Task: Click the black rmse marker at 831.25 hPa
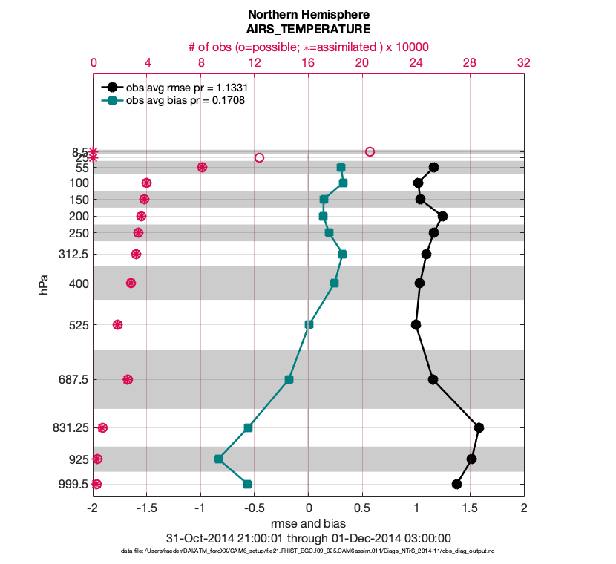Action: point(479,427)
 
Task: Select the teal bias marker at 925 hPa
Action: point(219,459)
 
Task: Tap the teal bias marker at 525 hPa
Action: point(309,324)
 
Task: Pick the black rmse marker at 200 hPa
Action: point(442,216)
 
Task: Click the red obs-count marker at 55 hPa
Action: point(202,167)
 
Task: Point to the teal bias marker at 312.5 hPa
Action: point(342,254)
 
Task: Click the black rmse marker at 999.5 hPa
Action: point(456,484)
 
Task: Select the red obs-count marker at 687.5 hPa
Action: point(128,379)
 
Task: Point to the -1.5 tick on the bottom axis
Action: point(147,509)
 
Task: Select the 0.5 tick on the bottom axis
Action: point(362,509)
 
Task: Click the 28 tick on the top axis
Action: point(470,63)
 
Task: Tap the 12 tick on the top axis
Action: point(255,63)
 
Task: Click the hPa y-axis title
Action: point(44,285)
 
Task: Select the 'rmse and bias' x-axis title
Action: point(309,523)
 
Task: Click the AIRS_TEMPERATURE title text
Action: point(309,30)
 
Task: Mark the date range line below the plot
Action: point(309,538)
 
